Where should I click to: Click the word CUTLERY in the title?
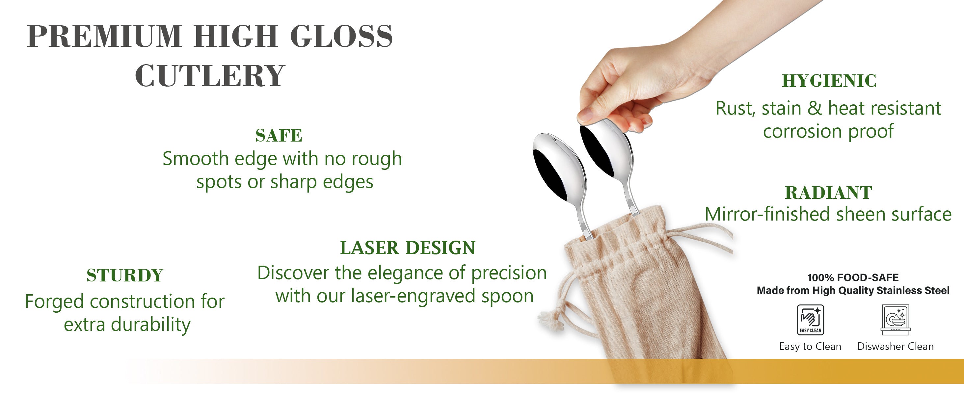pos(210,76)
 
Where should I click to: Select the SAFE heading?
pos(279,135)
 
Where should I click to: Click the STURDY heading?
pos(125,275)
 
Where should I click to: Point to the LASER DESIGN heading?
pos(408,248)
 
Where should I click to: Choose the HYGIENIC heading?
pos(829,81)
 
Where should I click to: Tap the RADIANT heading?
pos(829,193)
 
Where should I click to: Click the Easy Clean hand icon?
pos(810,319)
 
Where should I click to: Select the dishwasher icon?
pos(896,319)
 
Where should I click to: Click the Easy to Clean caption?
pos(810,346)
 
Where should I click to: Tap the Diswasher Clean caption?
pos(896,346)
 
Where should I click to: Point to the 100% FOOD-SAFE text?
pos(853,277)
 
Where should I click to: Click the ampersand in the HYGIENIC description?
pos(814,109)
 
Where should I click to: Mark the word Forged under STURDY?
pos(54,302)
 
